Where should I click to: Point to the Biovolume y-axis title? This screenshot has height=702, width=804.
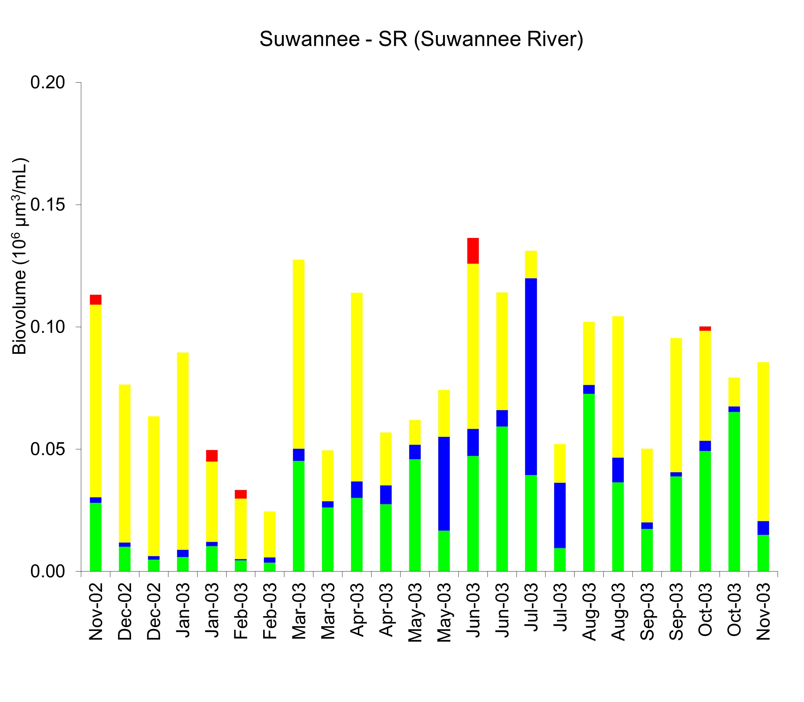pyautogui.click(x=19, y=256)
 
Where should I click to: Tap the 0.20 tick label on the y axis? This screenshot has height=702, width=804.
pyautogui.click(x=48, y=83)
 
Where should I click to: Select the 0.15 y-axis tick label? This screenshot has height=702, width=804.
pyautogui.click(x=48, y=205)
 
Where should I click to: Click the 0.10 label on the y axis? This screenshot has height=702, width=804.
pyautogui.click(x=48, y=327)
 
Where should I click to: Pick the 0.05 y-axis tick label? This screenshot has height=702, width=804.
pyautogui.click(x=48, y=449)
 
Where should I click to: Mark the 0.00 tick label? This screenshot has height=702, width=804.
pyautogui.click(x=48, y=572)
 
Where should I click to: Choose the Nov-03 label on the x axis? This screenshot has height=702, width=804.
pyautogui.click(x=763, y=611)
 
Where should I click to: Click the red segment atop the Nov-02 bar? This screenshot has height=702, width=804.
pyautogui.click(x=95, y=300)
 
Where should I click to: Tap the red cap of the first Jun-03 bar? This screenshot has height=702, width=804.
pyautogui.click(x=473, y=251)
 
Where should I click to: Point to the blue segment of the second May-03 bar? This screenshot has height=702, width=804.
pyautogui.click(x=444, y=483)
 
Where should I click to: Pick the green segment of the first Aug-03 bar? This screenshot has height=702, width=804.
pyautogui.click(x=589, y=482)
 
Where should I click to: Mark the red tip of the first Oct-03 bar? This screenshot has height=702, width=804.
pyautogui.click(x=705, y=329)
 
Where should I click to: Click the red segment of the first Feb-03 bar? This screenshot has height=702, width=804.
pyautogui.click(x=240, y=494)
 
